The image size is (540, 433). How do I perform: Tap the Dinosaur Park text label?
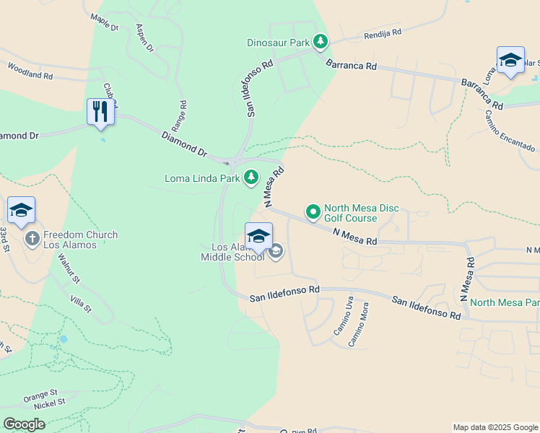(278, 43)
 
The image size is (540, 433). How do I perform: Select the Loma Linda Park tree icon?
(251, 177)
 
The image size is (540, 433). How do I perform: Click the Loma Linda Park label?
(202, 178)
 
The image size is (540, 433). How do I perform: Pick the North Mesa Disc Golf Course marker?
(313, 212)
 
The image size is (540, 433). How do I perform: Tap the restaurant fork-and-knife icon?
(100, 112)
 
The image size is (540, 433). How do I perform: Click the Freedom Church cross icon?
(32, 238)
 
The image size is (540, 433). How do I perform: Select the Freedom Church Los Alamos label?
(80, 240)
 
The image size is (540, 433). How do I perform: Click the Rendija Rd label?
(382, 34)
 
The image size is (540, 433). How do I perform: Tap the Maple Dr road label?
(105, 22)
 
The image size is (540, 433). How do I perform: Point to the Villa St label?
(81, 304)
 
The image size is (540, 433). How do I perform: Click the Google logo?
(24, 424)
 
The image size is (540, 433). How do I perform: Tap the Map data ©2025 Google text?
(495, 427)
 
